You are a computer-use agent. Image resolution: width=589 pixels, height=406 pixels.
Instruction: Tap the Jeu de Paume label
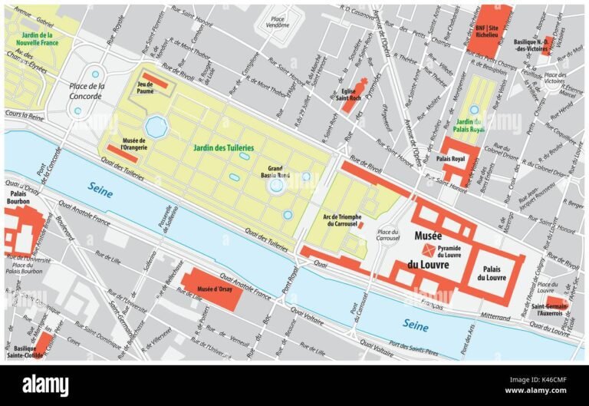pyautogui.click(x=145, y=88)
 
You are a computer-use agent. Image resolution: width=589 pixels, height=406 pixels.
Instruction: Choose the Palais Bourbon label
pyautogui.click(x=19, y=200)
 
